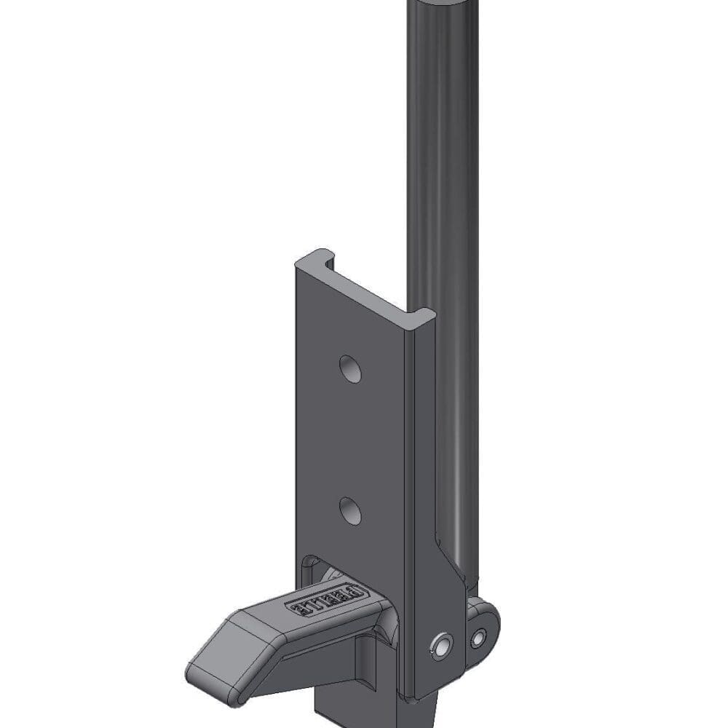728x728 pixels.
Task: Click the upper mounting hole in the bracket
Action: [351, 369]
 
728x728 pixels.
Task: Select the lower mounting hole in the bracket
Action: [351, 510]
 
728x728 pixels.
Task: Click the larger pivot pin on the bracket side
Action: [441, 644]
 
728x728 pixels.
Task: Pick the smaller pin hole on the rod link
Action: [478, 638]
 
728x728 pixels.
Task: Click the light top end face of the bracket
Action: [364, 284]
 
